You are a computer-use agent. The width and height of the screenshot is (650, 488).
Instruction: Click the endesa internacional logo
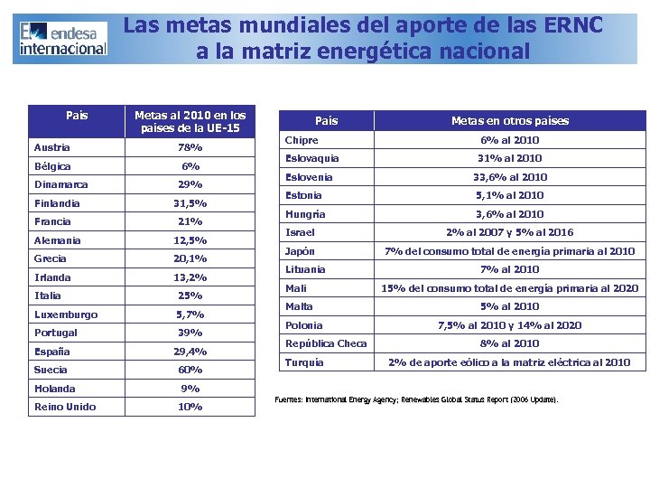pyautogui.click(x=62, y=38)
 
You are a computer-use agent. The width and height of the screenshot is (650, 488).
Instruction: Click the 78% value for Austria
pyautogui.click(x=190, y=147)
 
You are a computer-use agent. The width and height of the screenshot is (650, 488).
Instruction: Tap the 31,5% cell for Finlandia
pyautogui.click(x=190, y=203)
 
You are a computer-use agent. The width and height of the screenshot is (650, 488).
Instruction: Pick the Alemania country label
pyautogui.click(x=57, y=240)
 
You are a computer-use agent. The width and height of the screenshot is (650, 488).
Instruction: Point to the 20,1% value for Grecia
pyautogui.click(x=190, y=258)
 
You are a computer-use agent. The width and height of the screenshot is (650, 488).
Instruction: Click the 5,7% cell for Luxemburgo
pyautogui.click(x=190, y=314)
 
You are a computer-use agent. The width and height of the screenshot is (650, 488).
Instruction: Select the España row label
pyautogui.click(x=52, y=352)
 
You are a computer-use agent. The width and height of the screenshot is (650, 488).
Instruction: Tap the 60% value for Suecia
pyautogui.click(x=190, y=370)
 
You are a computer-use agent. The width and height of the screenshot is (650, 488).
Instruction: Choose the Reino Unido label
pyautogui.click(x=64, y=407)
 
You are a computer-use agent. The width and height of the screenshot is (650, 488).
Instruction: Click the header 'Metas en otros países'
pyautogui.click(x=510, y=120)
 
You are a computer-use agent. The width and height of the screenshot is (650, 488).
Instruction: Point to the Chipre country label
pyautogui.click(x=302, y=140)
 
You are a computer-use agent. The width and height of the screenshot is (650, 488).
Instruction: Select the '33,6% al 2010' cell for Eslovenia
pyautogui.click(x=510, y=177)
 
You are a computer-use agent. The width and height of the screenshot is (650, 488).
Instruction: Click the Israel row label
pyautogui.click(x=300, y=232)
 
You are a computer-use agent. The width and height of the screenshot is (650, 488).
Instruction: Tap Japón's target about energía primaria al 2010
pyautogui.click(x=510, y=251)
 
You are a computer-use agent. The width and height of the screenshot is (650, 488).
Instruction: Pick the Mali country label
pyautogui.click(x=296, y=288)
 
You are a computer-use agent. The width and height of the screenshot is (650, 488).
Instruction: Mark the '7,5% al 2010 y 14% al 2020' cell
pyautogui.click(x=510, y=325)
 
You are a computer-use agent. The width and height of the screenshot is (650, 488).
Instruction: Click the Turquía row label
pyautogui.click(x=304, y=362)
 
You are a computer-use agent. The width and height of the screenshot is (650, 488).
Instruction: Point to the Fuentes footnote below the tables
pyautogui.click(x=416, y=399)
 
